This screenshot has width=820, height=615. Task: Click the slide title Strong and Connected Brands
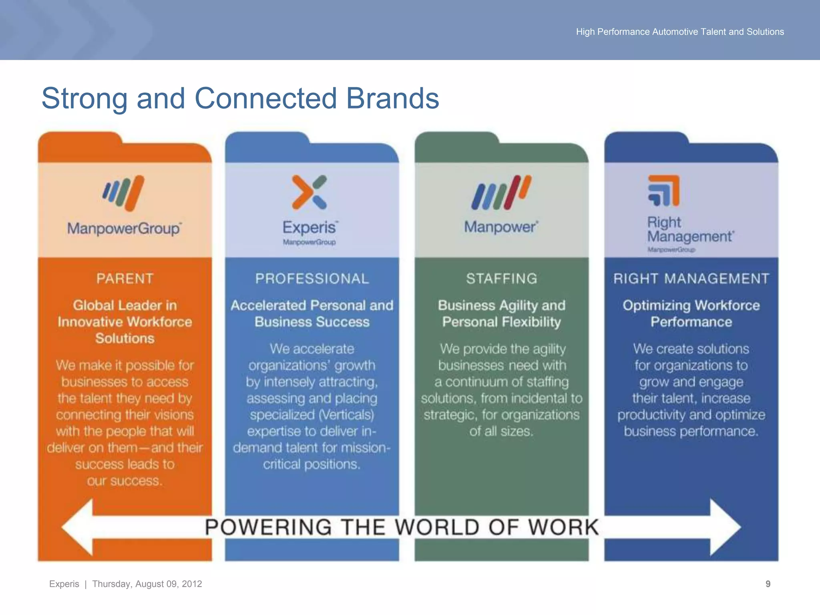pos(240,98)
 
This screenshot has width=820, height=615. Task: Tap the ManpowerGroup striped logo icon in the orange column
pos(123,193)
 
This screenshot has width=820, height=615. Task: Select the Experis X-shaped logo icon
pos(310,192)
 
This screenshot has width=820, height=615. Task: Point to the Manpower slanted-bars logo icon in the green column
pos(501,193)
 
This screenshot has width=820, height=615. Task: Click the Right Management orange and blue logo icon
pos(664,191)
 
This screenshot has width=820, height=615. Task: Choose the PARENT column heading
pos(125,279)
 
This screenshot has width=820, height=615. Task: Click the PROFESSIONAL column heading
pos(312,279)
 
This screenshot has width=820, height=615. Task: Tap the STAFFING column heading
pos(502,279)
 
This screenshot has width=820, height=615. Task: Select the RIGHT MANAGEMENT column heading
pos(691,279)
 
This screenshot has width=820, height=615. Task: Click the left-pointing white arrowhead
pos(78,527)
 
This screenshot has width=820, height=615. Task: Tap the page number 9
pos(768,584)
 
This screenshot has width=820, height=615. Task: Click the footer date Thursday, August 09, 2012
pos(147,584)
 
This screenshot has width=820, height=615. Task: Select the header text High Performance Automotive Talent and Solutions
pos(680,32)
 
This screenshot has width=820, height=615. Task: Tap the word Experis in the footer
pos(64,584)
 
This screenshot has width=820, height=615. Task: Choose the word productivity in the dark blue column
pos(651,415)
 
